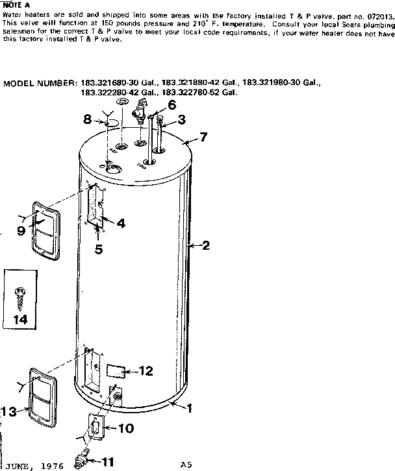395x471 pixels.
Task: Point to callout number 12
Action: [146, 371]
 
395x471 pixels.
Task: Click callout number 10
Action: [125, 428]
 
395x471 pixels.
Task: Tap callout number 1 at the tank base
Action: [190, 409]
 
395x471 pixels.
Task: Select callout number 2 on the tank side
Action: [205, 245]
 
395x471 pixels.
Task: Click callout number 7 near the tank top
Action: [203, 137]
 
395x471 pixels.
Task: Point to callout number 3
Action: [181, 119]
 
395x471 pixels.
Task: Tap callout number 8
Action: [87, 119]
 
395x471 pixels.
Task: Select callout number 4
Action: [120, 223]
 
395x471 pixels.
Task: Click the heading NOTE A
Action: [14, 5]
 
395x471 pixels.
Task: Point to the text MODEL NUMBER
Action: [41, 84]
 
